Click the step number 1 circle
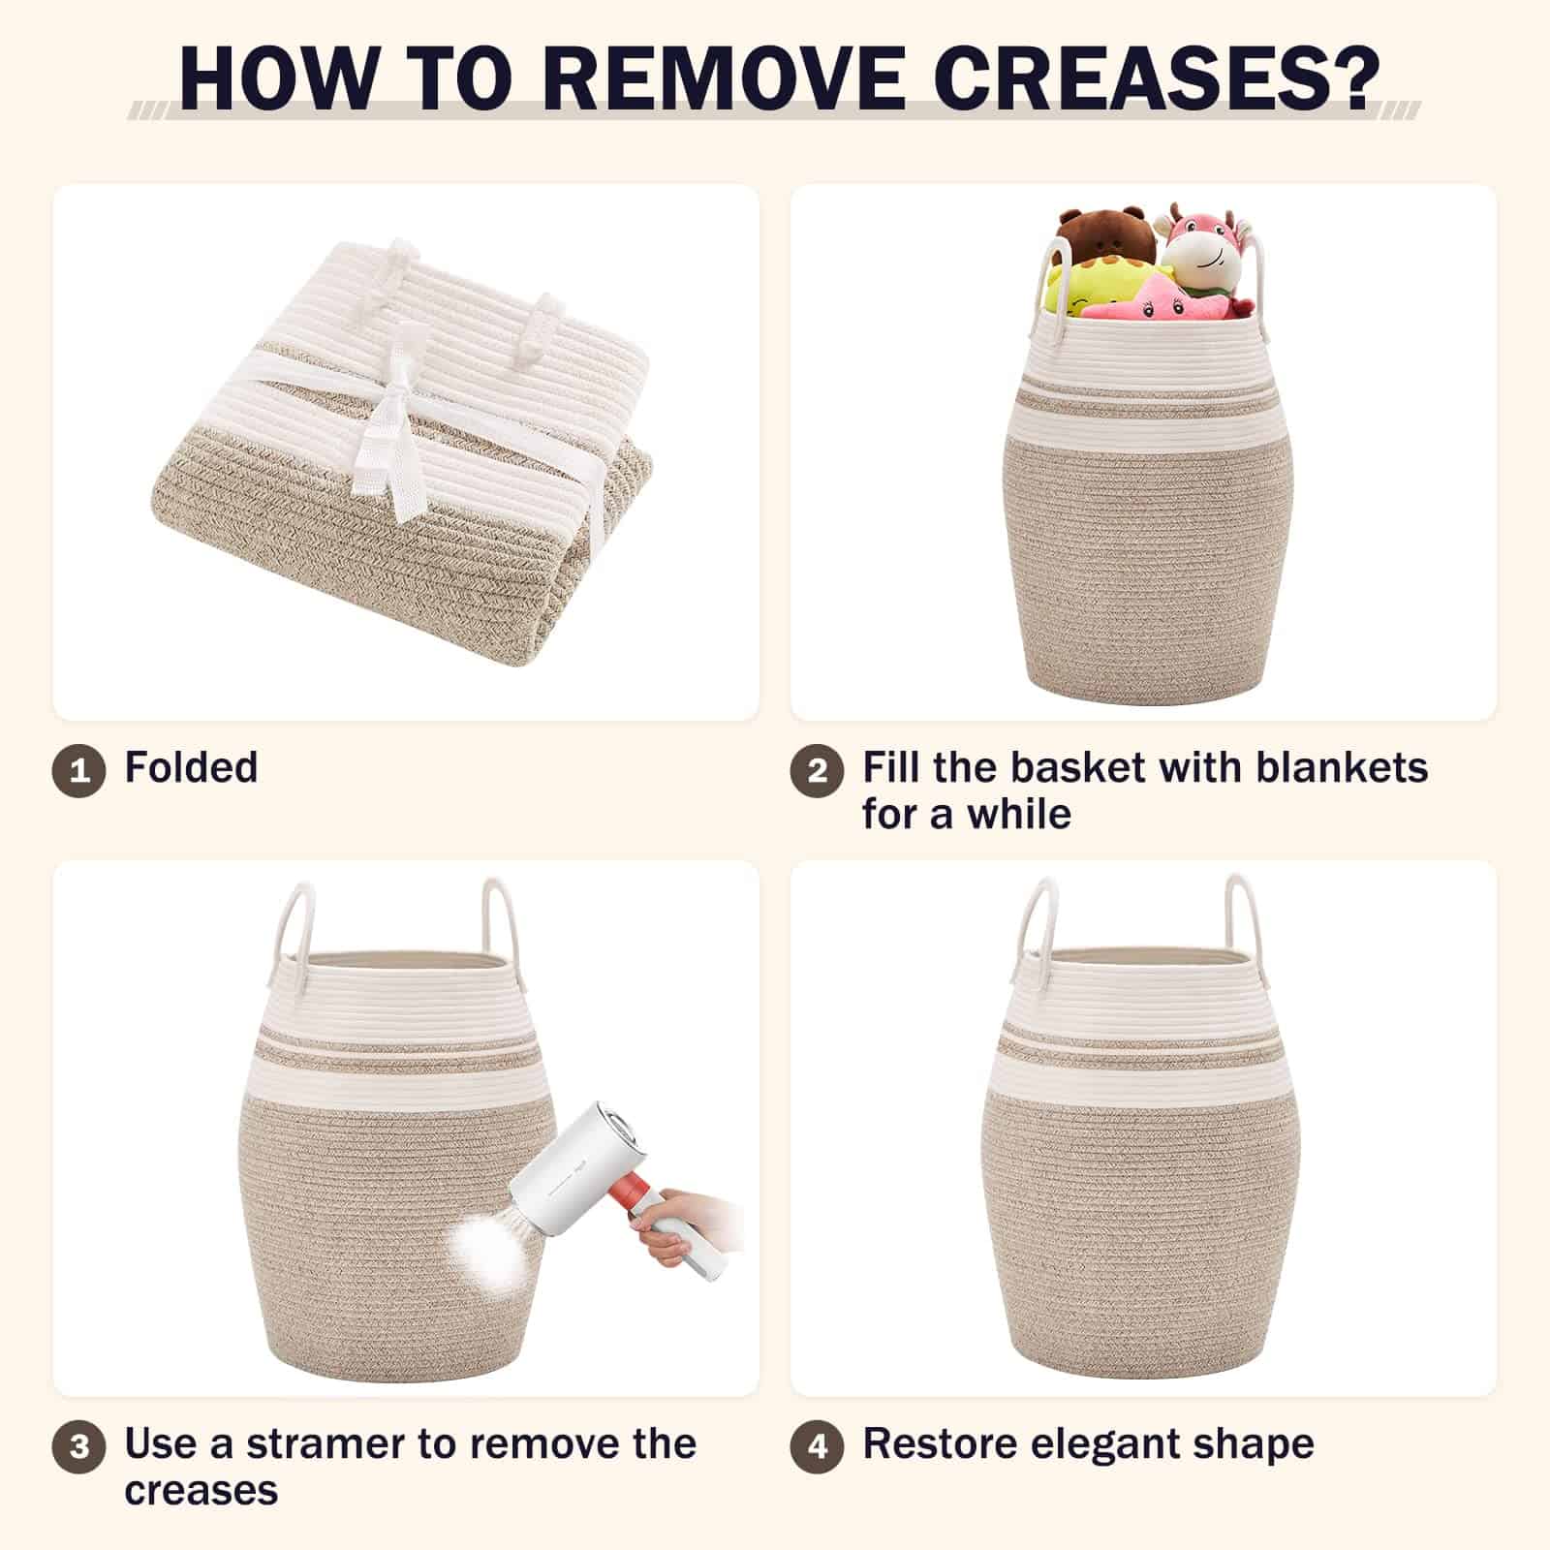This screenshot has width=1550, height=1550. (x=78, y=771)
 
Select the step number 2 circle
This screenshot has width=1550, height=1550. (x=818, y=771)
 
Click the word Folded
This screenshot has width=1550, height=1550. (x=192, y=767)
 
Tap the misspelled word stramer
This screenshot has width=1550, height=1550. (x=325, y=1443)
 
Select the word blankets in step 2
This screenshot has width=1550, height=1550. (x=1343, y=767)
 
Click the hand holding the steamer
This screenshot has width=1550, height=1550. (x=678, y=1225)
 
